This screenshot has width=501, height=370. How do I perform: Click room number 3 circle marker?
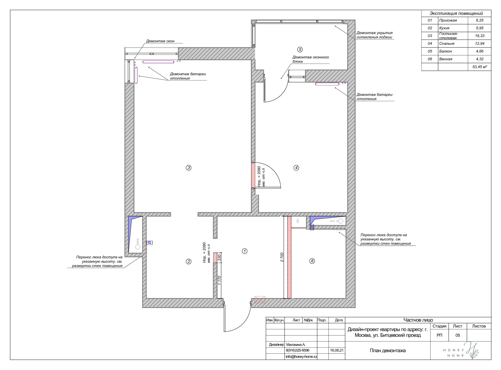[189, 167]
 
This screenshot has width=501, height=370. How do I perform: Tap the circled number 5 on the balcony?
[300, 49]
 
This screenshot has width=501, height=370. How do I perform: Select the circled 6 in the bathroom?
[312, 261]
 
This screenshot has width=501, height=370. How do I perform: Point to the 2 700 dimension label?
[282, 257]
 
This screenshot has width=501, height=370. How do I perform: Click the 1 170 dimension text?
[219, 280]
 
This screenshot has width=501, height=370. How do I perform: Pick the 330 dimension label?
[219, 258]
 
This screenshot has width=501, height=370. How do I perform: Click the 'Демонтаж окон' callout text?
[160, 41]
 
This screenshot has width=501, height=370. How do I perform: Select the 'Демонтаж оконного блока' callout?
[311, 59]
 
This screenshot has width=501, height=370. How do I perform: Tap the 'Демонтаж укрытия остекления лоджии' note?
[374, 35]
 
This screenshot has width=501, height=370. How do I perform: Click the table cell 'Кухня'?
[444, 28]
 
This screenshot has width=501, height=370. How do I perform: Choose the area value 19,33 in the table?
[479, 36]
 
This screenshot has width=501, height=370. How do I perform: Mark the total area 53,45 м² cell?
[479, 67]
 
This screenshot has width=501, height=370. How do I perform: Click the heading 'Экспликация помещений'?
[456, 13]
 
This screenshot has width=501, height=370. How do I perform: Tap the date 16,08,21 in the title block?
[337, 350]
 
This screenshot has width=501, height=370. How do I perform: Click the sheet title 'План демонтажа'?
[388, 351]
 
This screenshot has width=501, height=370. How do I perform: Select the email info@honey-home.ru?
[301, 357]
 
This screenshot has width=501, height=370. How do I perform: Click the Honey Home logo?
[461, 351]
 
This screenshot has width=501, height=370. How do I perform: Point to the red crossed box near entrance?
[260, 300]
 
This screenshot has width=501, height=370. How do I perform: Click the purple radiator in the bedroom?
[327, 84]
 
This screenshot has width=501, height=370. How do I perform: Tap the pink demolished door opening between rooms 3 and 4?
[253, 175]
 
